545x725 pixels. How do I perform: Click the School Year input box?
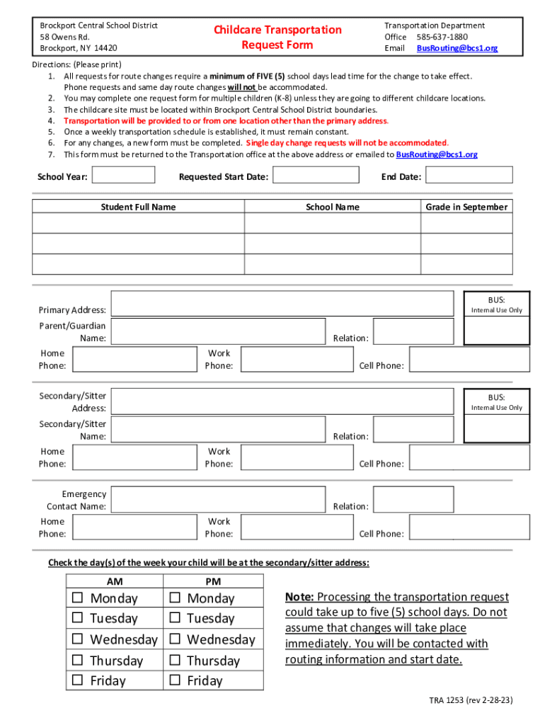pos(124,175)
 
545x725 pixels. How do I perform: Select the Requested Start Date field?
pos(316,176)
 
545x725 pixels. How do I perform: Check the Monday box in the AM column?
pos(77,598)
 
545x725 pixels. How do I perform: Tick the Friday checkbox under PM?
pos(174,681)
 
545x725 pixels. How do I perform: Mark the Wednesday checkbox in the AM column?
pos(77,639)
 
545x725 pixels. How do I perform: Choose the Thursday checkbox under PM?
pos(174,661)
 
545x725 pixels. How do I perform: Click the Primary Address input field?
pos(282,303)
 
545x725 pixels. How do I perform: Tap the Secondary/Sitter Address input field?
pos(282,401)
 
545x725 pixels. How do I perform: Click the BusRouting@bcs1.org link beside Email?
pos(457,48)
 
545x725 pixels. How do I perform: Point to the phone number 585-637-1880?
pos(442,37)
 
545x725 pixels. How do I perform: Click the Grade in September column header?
pos(466,207)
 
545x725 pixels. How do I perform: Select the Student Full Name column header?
pos(138,207)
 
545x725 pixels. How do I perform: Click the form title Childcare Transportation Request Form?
pos(277,38)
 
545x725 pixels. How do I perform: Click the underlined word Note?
pos(299,597)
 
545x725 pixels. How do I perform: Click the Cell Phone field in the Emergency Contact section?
pos(470,527)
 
